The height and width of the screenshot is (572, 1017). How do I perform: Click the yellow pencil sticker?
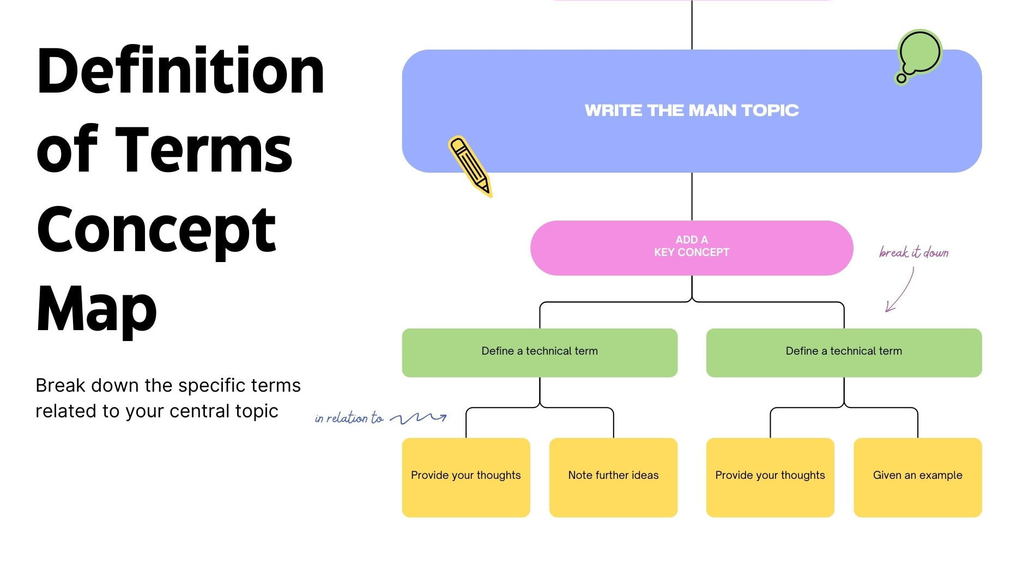[x=469, y=166]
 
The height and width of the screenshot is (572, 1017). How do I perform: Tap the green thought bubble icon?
[x=919, y=54]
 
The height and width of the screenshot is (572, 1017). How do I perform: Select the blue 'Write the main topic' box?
[x=691, y=111]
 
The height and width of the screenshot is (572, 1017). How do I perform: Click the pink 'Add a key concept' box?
[x=691, y=247]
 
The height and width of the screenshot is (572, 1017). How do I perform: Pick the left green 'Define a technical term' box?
[x=539, y=352]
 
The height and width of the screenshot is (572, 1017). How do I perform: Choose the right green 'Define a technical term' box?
[x=843, y=352]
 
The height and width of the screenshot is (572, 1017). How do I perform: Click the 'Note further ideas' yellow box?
[x=613, y=477]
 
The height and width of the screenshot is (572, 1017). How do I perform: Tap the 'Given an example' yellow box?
[x=917, y=477]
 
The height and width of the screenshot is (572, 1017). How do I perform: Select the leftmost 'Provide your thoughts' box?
[x=465, y=477]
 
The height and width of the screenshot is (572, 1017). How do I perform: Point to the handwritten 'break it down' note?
[x=913, y=252]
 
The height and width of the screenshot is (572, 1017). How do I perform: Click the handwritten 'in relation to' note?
[x=349, y=418]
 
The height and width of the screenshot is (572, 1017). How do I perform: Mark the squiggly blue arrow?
[x=419, y=418]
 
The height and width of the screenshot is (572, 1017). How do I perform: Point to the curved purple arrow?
[x=900, y=291]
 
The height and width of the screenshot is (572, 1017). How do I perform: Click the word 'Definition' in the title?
[x=180, y=71]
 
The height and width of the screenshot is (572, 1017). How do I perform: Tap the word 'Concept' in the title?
[x=156, y=230]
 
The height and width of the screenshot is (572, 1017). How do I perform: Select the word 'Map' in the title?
[x=96, y=309]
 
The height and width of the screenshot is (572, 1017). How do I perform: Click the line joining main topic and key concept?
[x=692, y=196]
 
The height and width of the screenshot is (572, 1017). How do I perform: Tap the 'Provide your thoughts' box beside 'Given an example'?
[x=770, y=477]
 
